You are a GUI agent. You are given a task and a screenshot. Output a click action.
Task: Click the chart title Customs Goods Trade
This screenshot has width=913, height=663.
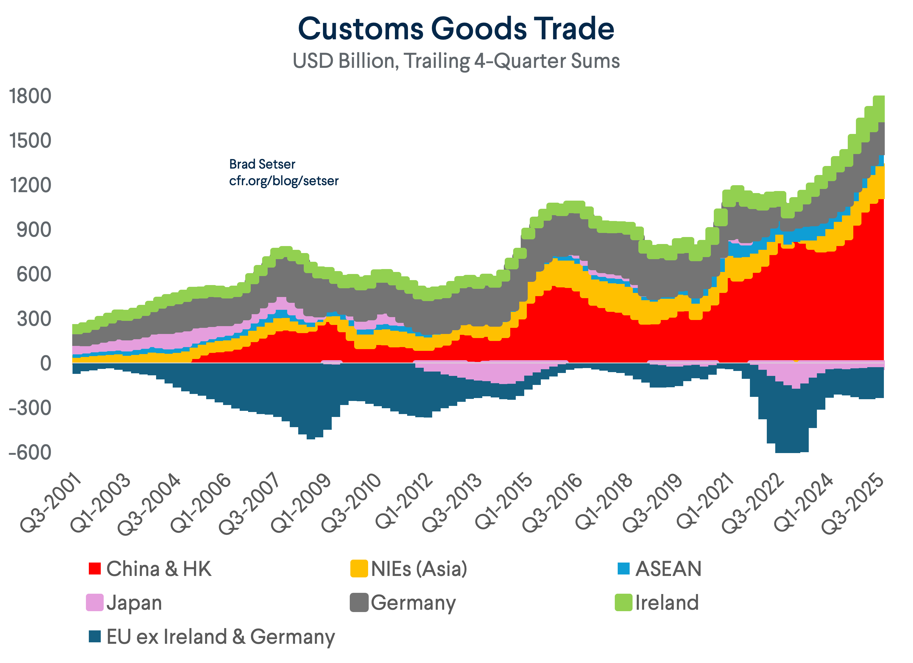pos(456,29)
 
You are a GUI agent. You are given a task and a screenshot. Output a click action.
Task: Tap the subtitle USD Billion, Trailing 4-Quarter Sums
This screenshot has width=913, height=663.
pos(456,61)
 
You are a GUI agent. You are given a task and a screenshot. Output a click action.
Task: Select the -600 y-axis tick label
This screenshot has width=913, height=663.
pos(30,452)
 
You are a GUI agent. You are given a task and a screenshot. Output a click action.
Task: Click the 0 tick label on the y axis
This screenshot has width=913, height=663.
pos(45,363)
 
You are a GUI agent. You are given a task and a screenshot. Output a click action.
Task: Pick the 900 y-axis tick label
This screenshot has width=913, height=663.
pos(34,230)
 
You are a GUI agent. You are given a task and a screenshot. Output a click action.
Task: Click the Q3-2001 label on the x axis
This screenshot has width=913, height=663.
pos(50,503)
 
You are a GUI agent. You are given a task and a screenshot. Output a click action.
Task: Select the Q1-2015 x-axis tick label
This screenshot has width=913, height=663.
pos(503,503)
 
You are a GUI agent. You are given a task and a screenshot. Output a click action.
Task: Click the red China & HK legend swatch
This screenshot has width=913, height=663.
pos(95,568)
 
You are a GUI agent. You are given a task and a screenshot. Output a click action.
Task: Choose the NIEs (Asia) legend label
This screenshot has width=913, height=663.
pos(419,569)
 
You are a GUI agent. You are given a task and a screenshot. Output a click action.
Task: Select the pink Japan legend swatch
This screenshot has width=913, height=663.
pos(95,602)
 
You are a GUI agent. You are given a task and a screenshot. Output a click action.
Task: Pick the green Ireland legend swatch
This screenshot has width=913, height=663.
pos(623,602)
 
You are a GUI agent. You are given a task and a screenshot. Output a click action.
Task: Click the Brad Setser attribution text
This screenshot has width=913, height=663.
pos(262,164)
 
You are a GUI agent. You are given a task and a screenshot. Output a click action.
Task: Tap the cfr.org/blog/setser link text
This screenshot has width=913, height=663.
pos(284,181)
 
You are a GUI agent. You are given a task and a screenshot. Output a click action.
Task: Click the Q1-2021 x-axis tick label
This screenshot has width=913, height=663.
pos(705,503)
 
